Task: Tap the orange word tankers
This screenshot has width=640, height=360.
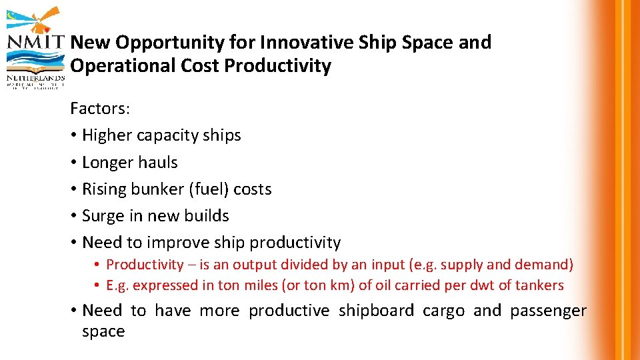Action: click(539, 286)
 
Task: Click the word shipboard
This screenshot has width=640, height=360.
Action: click(376, 311)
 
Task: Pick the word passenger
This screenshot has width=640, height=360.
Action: click(549, 311)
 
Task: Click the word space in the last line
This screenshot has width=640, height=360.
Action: click(103, 331)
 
